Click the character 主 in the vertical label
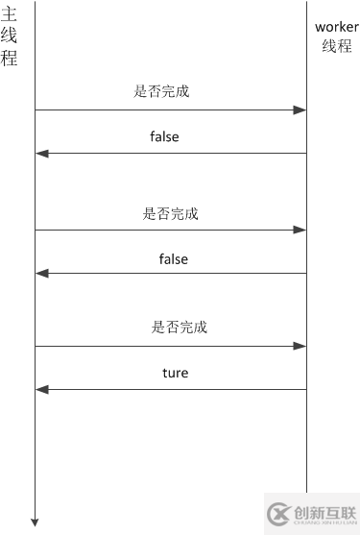[10, 14]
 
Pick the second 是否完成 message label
[170, 214]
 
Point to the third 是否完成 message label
[179, 328]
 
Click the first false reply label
[164, 137]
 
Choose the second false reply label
[173, 259]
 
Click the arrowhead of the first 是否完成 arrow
[300, 110]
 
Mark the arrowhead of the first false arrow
[40, 154]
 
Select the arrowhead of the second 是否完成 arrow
[300, 231]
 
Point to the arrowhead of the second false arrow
[40, 274]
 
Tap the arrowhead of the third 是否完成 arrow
[300, 346]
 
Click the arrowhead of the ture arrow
[40, 389]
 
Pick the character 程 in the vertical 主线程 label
[10, 57]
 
